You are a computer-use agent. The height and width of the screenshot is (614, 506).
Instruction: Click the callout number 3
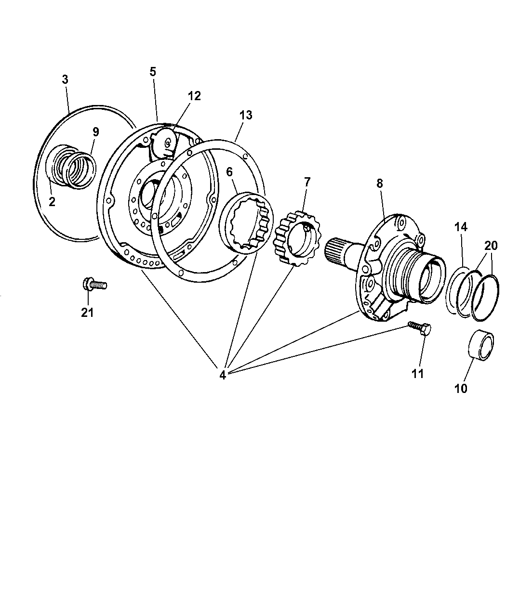[65, 80]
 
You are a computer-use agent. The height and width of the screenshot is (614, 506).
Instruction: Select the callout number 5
[153, 72]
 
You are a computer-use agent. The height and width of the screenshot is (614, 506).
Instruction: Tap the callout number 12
[194, 96]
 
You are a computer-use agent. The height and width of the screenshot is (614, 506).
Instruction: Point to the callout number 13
[246, 115]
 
